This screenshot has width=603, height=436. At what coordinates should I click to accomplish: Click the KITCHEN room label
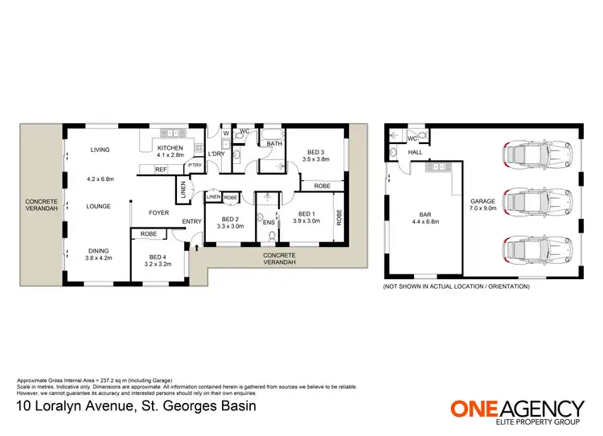click(170, 148)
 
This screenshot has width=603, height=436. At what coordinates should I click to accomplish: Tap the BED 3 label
click(315, 152)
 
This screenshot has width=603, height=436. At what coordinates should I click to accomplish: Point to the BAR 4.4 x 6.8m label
click(426, 218)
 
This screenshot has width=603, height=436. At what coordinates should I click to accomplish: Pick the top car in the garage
click(535, 153)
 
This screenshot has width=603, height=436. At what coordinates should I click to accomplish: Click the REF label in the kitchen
click(161, 170)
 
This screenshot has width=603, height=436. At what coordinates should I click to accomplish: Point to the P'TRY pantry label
click(194, 166)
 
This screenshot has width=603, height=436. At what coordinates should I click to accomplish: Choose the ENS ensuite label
click(269, 222)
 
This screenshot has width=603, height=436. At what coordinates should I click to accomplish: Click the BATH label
click(273, 144)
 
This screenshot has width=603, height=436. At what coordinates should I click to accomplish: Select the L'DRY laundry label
click(216, 154)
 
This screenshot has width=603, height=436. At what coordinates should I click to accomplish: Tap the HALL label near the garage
click(415, 151)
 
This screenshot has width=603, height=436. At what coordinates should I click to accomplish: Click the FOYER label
click(158, 213)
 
